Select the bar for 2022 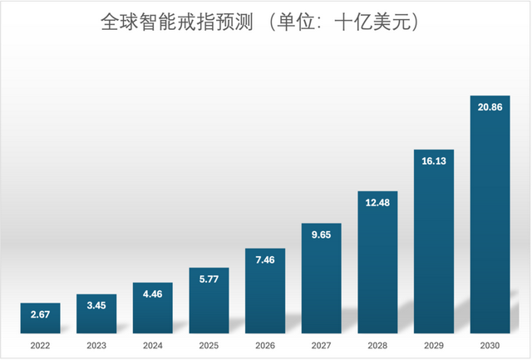tap(40, 318)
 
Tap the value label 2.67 tap(40, 315)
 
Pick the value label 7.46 tap(265, 260)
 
